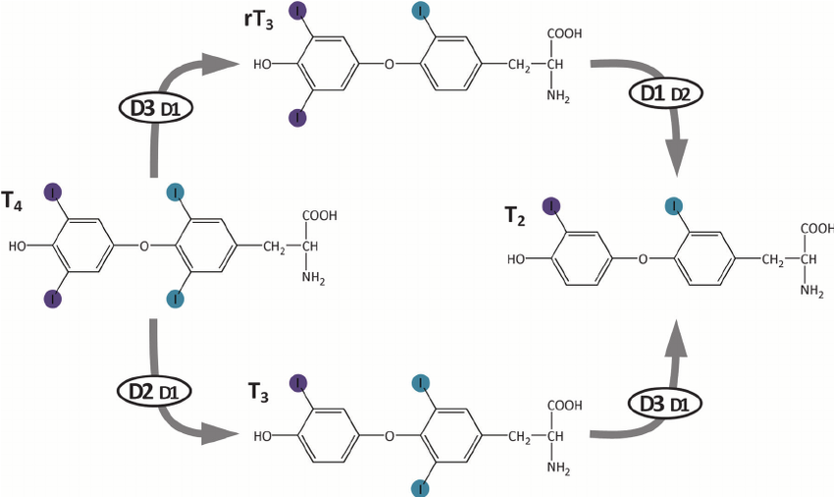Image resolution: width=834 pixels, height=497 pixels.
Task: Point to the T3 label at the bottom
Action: tap(259, 391)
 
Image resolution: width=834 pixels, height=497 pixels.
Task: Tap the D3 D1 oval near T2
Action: tap(659, 402)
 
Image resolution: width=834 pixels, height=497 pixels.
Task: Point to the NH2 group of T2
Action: tap(811, 291)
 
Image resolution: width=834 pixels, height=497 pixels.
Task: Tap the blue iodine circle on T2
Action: tap(674, 205)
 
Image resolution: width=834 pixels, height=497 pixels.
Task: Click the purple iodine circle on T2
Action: tap(551, 205)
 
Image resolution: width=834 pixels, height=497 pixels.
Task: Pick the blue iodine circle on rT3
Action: tap(421, 12)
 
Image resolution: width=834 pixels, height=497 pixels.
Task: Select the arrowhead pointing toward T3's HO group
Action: tap(228, 434)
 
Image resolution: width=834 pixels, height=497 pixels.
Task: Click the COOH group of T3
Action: tap(563, 404)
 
